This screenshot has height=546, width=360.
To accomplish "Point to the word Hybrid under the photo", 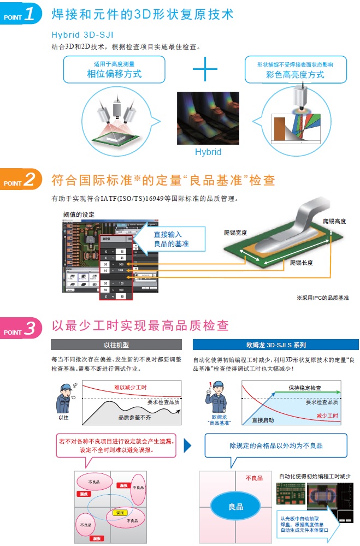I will pyautogui.click(x=208, y=152).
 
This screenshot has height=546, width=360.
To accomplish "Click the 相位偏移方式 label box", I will pyautogui.click(x=114, y=69).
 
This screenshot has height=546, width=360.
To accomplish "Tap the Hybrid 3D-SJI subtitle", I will pyautogui.click(x=82, y=34).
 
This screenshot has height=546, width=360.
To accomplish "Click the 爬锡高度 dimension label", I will pyautogui.click(x=334, y=221).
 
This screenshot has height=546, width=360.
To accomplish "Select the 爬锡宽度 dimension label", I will pyautogui.click(x=235, y=233).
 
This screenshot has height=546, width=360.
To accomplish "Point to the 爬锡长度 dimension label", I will pyautogui.click(x=302, y=263).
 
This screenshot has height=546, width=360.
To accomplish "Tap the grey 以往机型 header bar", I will pyautogui.click(x=116, y=345).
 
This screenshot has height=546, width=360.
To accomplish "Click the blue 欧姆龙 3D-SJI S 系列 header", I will pyautogui.click(x=276, y=345).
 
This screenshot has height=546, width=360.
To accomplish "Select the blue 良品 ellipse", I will pyautogui.click(x=236, y=507).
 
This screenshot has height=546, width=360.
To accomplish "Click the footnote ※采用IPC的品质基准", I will pyautogui.click(x=322, y=298).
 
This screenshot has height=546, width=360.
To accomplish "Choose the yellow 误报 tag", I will pyautogui.click(x=120, y=513).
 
